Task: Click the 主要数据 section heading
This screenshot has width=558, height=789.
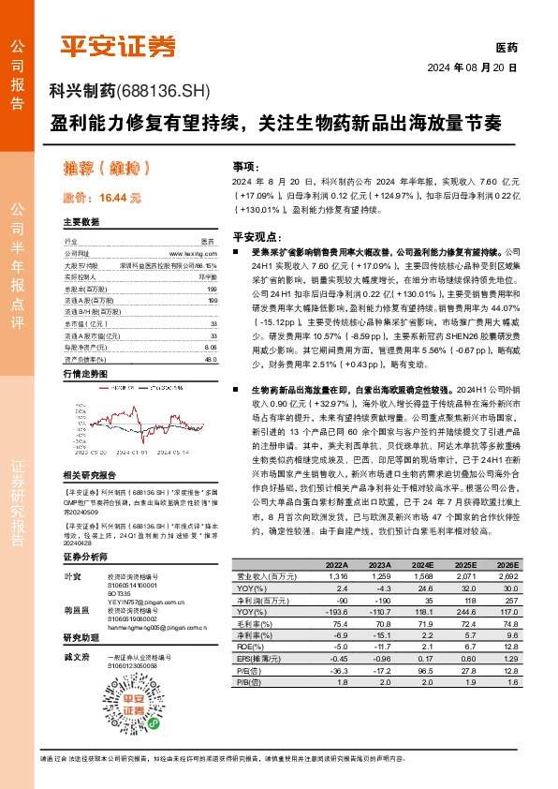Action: [81, 222]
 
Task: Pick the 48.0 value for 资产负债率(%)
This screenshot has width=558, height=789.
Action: [211, 333]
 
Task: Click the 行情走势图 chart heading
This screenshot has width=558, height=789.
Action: [83, 347]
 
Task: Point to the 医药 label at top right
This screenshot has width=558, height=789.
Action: [506, 47]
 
